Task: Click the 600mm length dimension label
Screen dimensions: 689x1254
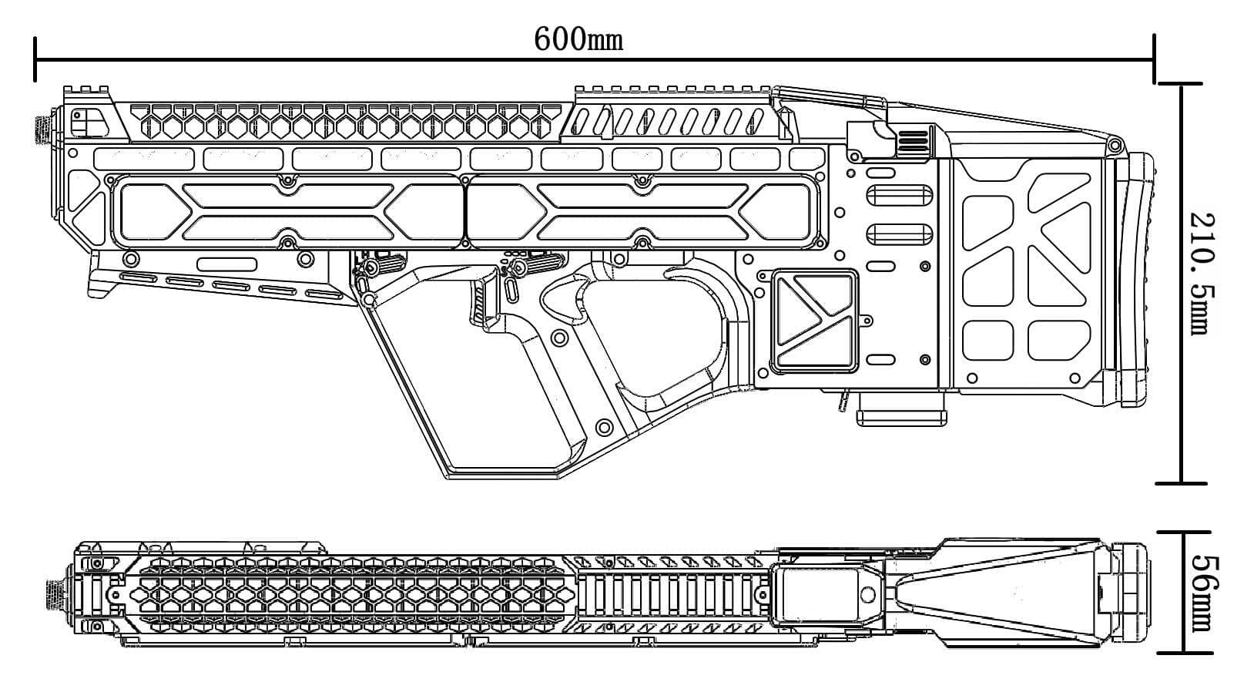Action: click(x=578, y=38)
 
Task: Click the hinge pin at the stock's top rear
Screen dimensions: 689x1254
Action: click(x=1112, y=145)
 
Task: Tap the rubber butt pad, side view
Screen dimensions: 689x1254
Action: click(x=1141, y=277)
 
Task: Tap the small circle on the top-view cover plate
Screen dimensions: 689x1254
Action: click(x=867, y=594)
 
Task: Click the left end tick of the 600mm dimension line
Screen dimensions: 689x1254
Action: click(x=35, y=58)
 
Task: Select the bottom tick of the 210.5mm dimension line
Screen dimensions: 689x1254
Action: click(x=1181, y=483)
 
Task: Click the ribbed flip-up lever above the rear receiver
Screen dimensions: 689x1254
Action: click(x=913, y=142)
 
